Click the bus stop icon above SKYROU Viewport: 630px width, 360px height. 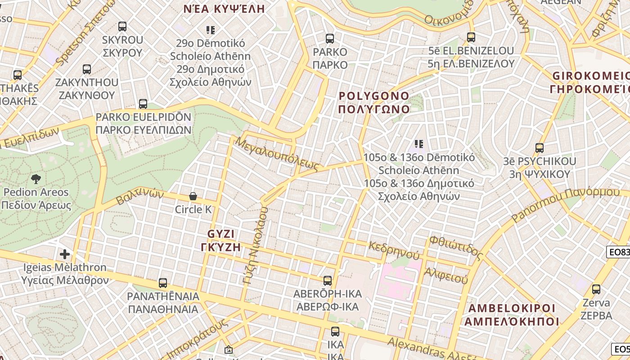122,26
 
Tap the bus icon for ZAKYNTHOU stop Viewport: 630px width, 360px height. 87,69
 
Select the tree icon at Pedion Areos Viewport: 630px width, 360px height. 36,179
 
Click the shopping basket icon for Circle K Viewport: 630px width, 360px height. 193,196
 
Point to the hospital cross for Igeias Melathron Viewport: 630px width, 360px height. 65,254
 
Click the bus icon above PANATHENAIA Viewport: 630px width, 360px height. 163,283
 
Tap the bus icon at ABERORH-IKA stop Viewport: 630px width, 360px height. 328,281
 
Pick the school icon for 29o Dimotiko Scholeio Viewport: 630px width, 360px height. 211,30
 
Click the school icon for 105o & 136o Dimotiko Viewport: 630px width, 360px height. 419,144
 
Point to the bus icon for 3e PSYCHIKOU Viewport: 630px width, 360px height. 539,148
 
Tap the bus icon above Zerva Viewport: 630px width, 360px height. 596,289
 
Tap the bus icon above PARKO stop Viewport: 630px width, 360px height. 330,39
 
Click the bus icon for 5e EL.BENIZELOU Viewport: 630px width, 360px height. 471,37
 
